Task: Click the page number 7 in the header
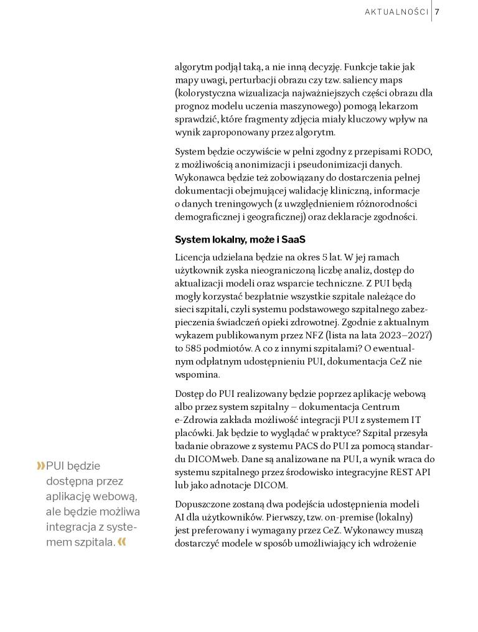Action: coord(438,12)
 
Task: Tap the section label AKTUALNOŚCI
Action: coord(396,12)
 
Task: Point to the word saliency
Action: coord(362,80)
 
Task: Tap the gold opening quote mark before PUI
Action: coord(41,466)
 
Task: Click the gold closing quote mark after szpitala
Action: coord(122,542)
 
